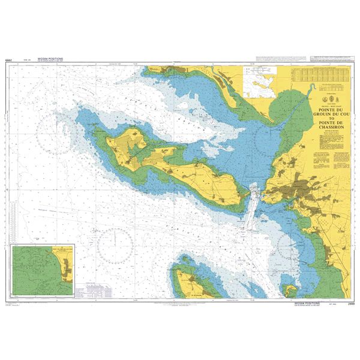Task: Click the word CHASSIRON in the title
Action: (x=328, y=133)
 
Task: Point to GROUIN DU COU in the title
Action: (x=328, y=115)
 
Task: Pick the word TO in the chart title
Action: (x=328, y=121)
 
